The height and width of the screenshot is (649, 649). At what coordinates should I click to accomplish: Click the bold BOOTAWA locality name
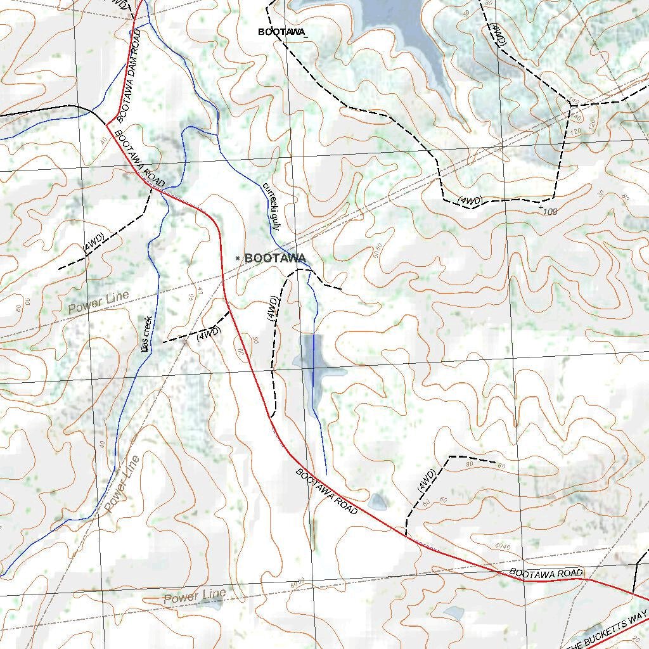tap(275, 258)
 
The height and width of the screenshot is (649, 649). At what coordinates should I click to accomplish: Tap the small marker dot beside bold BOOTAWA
tap(237, 258)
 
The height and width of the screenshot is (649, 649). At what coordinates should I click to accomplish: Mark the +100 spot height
tap(548, 210)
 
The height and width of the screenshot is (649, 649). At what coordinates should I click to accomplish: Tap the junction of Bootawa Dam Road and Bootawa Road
tap(106, 124)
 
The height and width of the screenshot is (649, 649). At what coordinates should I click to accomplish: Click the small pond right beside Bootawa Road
tap(378, 501)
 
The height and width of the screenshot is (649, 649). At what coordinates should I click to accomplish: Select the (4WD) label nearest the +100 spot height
tap(470, 201)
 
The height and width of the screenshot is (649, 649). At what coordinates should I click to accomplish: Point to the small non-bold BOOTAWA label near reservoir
tap(281, 32)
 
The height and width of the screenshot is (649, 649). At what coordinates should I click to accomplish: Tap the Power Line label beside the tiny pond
tap(195, 596)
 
